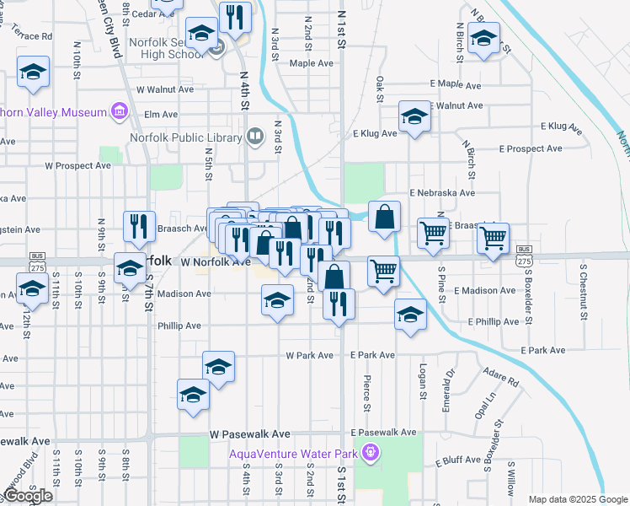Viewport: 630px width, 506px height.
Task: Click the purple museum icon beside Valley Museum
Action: click(x=119, y=111)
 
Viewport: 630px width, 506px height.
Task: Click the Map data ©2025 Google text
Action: click(x=579, y=499)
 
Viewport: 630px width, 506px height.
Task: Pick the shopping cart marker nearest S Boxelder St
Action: click(x=493, y=237)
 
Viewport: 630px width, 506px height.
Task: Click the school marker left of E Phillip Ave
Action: click(x=410, y=315)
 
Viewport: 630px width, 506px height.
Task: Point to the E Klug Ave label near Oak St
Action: click(x=375, y=133)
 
